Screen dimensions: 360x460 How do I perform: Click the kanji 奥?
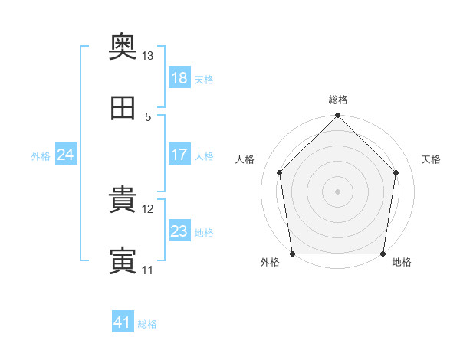[123, 48]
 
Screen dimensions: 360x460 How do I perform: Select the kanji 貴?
[123, 201]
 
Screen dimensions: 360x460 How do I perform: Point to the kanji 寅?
[123, 261]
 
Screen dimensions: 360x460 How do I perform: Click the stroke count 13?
[148, 56]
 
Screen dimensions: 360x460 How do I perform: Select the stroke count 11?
[148, 270]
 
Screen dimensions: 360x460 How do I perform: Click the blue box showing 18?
[179, 77]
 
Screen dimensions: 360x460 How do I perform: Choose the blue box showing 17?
[179, 155]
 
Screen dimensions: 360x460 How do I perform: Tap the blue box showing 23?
[179, 231]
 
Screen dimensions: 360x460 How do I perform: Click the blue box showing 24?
[66, 155]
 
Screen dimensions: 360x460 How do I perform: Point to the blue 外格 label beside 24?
[41, 155]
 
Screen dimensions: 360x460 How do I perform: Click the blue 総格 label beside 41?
[147, 324]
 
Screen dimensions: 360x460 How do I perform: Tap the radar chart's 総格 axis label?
[338, 100]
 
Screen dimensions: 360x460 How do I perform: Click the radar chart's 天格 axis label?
[432, 159]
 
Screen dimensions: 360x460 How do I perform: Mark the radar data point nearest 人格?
[280, 172]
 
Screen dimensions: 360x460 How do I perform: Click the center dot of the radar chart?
[338, 191]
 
